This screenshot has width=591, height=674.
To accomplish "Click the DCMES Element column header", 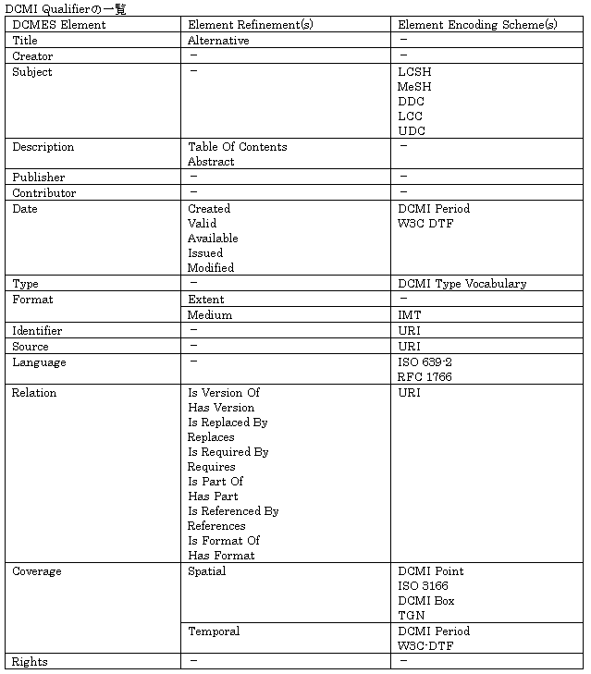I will pyautogui.click(x=58, y=25).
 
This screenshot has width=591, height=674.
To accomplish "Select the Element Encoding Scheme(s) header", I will pyautogui.click(x=476, y=25).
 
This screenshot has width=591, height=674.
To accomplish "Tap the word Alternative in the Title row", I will pyautogui.click(x=218, y=41).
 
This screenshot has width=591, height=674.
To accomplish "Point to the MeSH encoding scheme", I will pyautogui.click(x=414, y=87).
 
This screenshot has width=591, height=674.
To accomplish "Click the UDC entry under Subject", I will pyautogui.click(x=412, y=131).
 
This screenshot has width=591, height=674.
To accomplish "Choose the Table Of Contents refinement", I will pyautogui.click(x=237, y=147).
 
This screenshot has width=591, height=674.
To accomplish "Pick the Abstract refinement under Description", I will pyautogui.click(x=211, y=162).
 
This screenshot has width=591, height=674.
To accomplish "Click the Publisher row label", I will pyautogui.click(x=38, y=178).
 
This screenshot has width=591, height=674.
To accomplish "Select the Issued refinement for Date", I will pyautogui.click(x=205, y=253).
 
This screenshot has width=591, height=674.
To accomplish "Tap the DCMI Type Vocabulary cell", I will pyautogui.click(x=462, y=285).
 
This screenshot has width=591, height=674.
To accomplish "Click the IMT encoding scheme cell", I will pyautogui.click(x=409, y=315).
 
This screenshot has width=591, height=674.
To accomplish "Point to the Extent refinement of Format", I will pyautogui.click(x=205, y=300).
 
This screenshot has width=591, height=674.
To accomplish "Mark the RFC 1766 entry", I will pyautogui.click(x=425, y=377).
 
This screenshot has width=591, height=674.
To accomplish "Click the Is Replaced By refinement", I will pyautogui.click(x=228, y=423).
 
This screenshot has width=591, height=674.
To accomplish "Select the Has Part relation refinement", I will pyautogui.click(x=213, y=496).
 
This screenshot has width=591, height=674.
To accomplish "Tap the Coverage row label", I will pyautogui.click(x=37, y=571).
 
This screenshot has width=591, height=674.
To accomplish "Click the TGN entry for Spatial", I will pyautogui.click(x=411, y=616).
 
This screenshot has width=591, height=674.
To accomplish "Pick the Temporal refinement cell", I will pyautogui.click(x=214, y=631).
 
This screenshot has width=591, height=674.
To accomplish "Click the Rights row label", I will pyautogui.click(x=30, y=662).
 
